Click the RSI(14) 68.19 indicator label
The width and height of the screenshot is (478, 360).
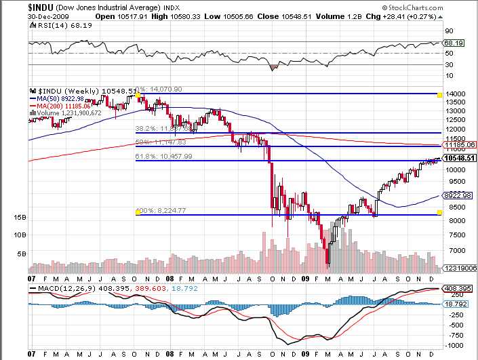click(56, 24)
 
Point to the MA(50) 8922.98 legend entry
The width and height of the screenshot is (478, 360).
click(64, 98)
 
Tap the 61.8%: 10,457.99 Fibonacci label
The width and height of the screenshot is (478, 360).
click(165, 156)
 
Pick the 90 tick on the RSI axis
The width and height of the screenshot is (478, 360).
click(448, 31)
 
